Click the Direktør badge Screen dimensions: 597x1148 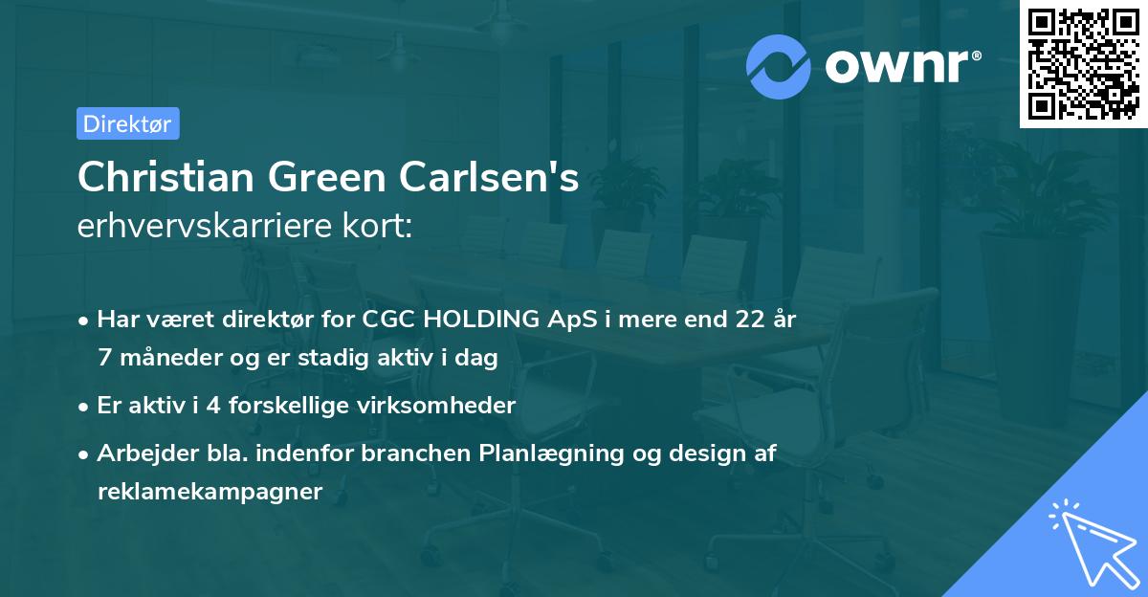(127, 123)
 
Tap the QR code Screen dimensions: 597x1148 (1083, 64)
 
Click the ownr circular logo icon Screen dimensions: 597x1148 (779, 66)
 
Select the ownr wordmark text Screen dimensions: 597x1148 (900, 66)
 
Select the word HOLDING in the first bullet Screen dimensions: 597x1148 (479, 320)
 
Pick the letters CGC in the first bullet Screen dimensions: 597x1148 (388, 320)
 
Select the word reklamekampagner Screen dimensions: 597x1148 (210, 492)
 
